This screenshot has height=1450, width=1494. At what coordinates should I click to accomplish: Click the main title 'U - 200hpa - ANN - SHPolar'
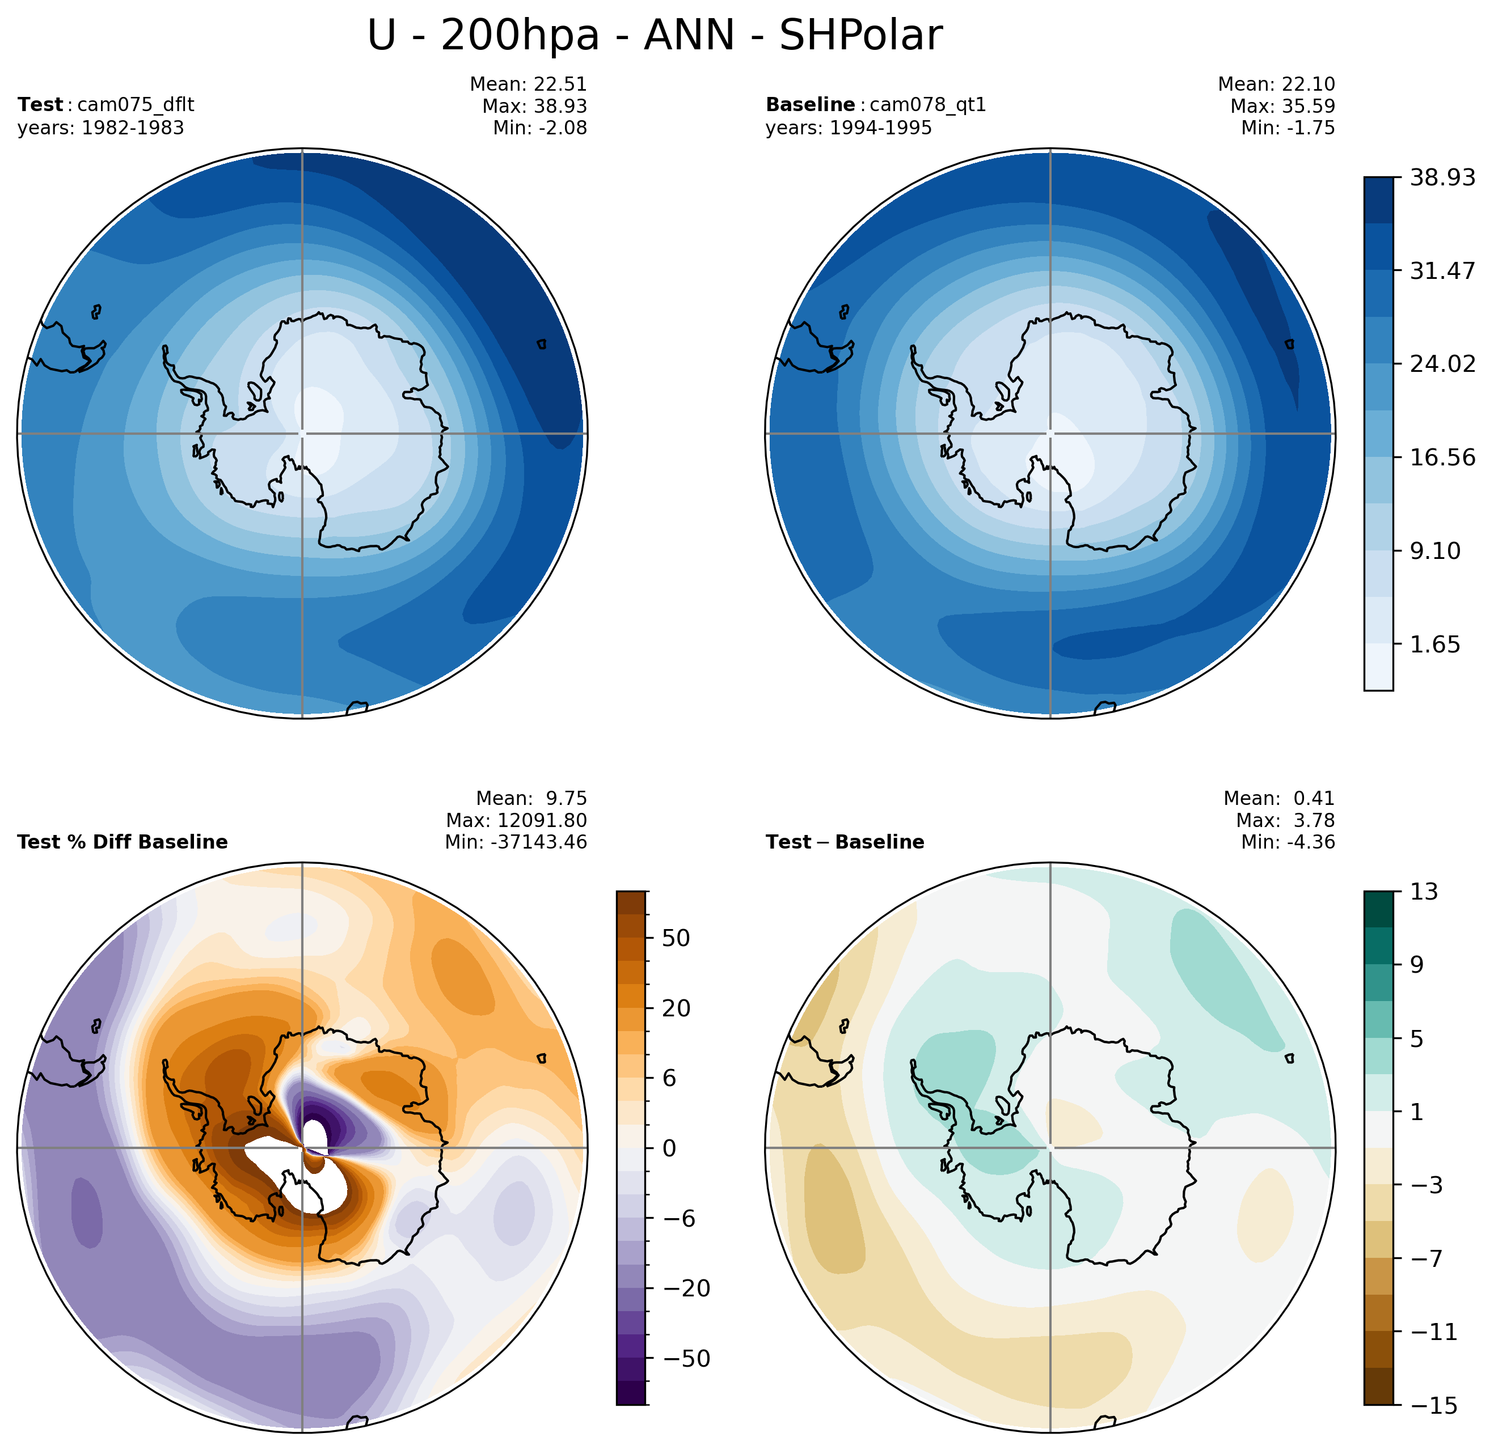click(x=654, y=36)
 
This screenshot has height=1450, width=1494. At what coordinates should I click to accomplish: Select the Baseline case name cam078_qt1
click(x=927, y=104)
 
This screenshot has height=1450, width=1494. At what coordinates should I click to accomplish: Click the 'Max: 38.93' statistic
click(x=534, y=106)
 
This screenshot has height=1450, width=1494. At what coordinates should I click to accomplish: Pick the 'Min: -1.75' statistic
click(x=1288, y=128)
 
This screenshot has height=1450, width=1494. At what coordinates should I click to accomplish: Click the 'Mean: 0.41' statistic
click(x=1278, y=799)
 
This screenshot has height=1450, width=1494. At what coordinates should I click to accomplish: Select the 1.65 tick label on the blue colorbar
click(x=1434, y=645)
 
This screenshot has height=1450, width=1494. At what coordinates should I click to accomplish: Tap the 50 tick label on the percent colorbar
click(x=676, y=938)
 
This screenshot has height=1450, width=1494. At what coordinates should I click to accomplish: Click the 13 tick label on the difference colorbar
click(x=1423, y=892)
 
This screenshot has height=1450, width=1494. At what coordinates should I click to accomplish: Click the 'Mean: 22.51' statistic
click(x=528, y=84)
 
